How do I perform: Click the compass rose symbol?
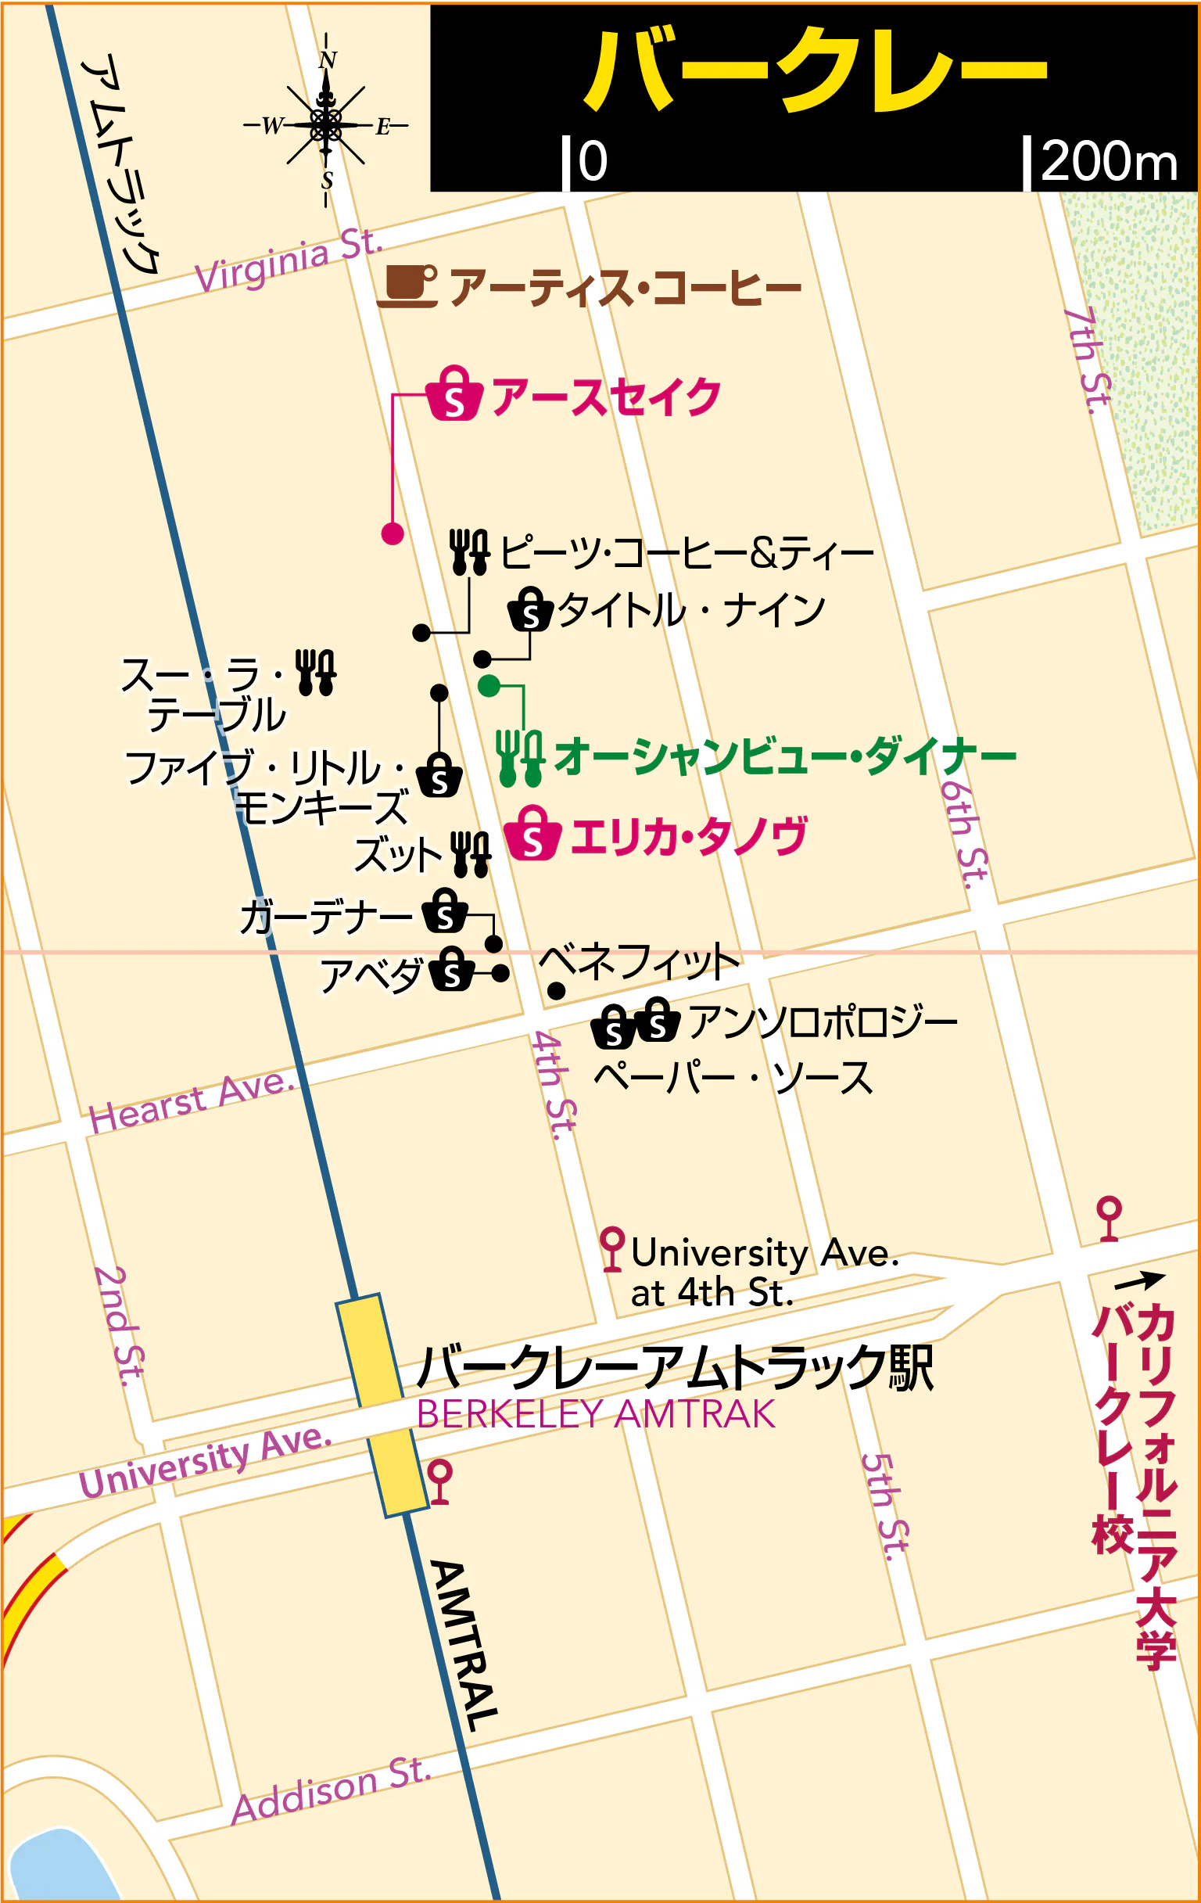coord(325,124)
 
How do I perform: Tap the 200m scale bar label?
coord(1108,162)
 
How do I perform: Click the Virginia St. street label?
coord(289,260)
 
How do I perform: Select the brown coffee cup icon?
coord(407,285)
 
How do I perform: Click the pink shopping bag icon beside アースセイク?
coord(454,393)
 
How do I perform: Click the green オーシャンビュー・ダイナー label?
coord(784,756)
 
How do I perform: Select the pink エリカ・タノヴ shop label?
coord(687,836)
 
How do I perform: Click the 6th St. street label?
coord(964,834)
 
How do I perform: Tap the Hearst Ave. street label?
coord(192,1102)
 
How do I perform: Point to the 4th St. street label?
coord(554,1085)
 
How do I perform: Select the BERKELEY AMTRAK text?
coord(595,1414)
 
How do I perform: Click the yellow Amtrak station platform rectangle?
coord(382,1404)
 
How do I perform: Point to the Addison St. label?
coord(332,1791)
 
